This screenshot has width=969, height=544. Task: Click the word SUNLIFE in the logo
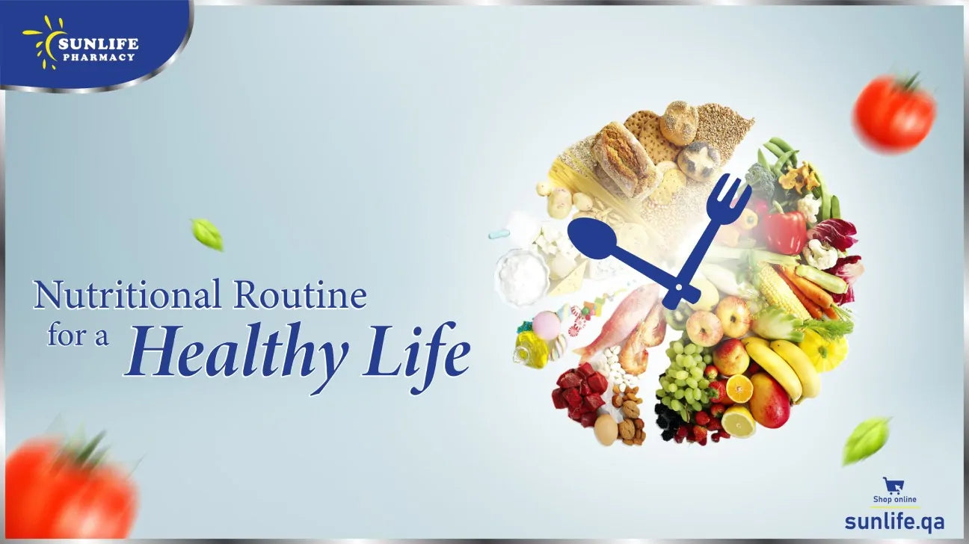coord(98,43)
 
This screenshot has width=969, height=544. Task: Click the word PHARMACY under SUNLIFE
coord(98,57)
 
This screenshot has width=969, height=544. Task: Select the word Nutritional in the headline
coord(127,295)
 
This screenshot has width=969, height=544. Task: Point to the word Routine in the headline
coord(301,295)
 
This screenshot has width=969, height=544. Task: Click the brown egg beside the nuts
coord(606,430)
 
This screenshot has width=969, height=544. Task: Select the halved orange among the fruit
coord(739,389)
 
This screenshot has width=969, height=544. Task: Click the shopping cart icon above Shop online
coord(892,484)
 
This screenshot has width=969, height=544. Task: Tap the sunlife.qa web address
coord(894,519)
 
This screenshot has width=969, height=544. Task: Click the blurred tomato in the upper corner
coord(894,114)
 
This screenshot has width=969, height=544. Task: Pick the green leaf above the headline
coord(207,233)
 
